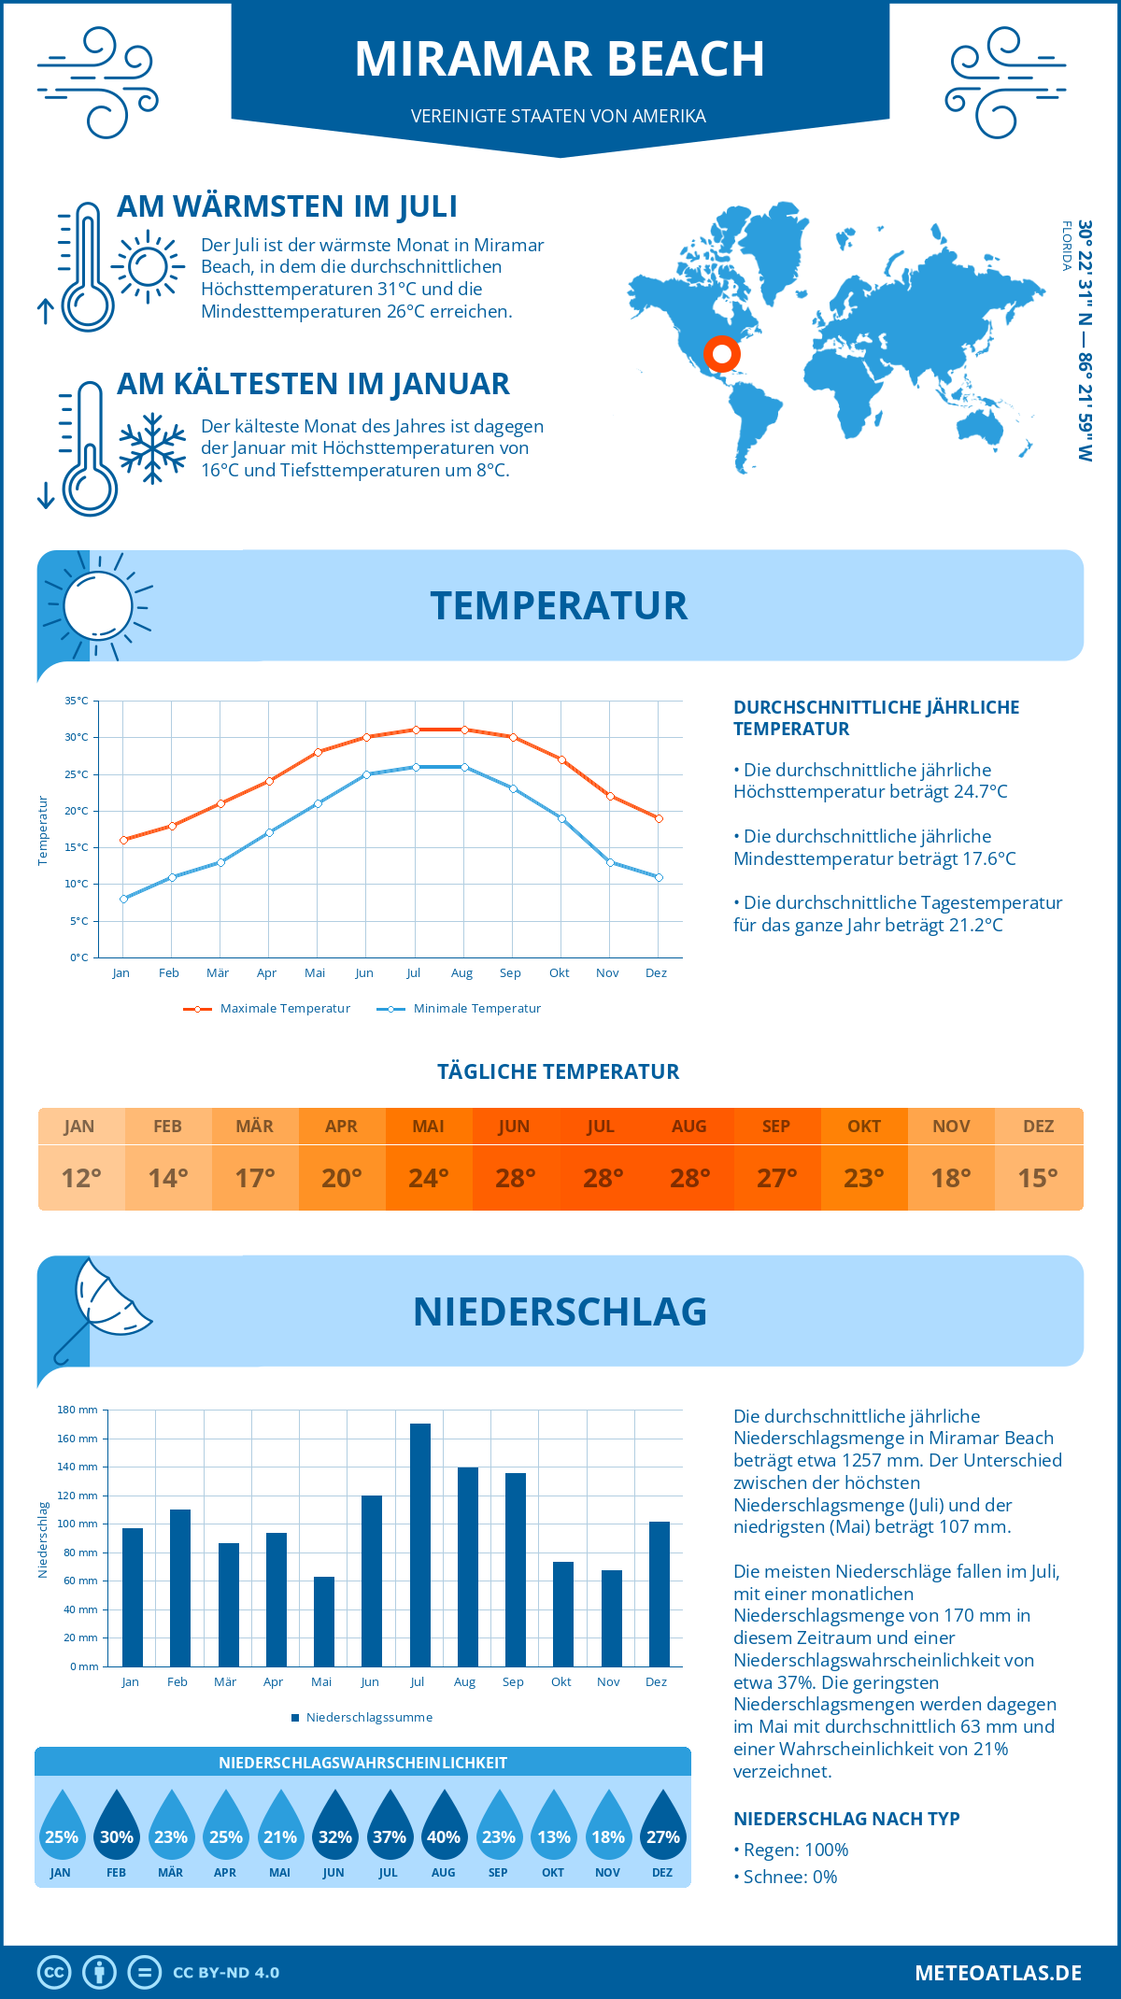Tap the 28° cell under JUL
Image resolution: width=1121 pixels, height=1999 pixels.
[x=603, y=1178]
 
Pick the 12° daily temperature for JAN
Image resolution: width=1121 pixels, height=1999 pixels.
[x=81, y=1178]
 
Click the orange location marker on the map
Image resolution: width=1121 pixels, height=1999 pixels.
[x=721, y=354]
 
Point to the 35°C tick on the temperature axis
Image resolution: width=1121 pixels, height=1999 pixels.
[x=77, y=701]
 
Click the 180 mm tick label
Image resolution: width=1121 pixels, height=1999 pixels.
[x=78, y=1410]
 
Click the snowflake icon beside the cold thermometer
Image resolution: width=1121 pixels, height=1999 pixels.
[x=152, y=448]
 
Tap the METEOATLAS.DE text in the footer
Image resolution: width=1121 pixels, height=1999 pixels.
[x=998, y=1973]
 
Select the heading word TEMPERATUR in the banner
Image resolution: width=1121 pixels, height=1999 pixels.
[x=559, y=605]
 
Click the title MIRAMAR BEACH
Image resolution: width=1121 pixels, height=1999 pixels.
[x=560, y=59]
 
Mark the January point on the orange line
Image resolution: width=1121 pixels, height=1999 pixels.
[x=123, y=840]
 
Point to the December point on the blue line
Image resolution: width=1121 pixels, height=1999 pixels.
[x=659, y=877]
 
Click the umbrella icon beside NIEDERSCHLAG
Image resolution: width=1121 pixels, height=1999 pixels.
[x=101, y=1306]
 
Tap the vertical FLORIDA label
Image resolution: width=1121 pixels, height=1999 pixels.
[x=1066, y=246]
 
